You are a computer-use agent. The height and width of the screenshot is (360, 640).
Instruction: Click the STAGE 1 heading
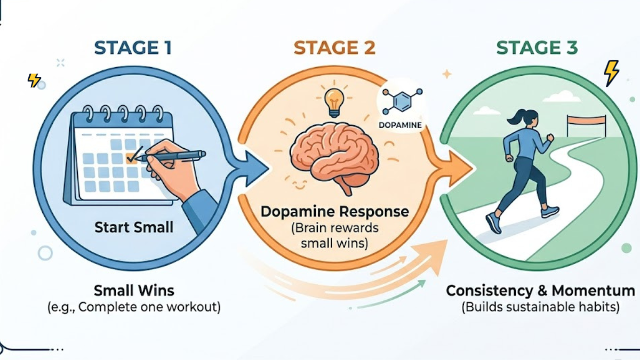[133, 48]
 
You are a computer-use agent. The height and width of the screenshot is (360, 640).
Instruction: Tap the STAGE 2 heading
[334, 48]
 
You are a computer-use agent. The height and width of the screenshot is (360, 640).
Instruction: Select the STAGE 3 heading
[537, 48]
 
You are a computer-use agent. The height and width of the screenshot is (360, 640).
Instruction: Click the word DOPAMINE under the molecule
[400, 125]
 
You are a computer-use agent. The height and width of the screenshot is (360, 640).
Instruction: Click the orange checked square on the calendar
[130, 157]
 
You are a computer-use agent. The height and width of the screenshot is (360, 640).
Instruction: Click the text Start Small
[134, 227]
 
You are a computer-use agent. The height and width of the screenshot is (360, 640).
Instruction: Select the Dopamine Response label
[334, 211]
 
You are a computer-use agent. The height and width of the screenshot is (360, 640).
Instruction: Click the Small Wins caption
[134, 291]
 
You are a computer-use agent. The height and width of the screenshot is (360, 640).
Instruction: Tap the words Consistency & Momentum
[540, 291]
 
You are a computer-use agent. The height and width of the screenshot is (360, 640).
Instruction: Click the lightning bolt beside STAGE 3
[611, 73]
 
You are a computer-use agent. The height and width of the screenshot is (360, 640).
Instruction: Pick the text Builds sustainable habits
[540, 308]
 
